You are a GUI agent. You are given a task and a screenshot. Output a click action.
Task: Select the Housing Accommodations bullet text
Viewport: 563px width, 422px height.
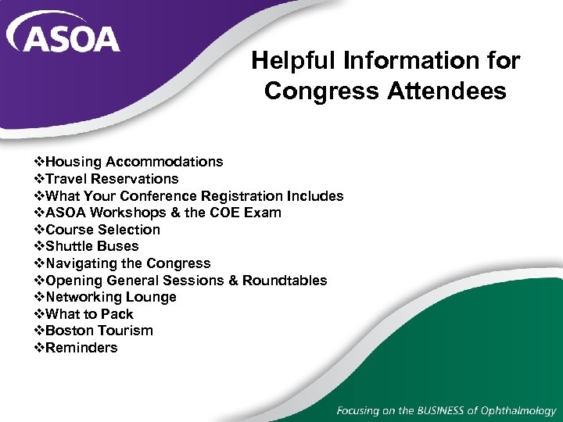tap(134, 162)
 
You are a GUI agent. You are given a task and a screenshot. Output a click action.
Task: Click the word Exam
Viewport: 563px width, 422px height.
tap(263, 213)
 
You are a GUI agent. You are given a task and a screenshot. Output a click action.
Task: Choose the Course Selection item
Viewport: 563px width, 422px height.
tap(102, 230)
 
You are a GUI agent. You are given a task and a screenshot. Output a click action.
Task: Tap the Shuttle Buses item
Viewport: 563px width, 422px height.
tap(92, 246)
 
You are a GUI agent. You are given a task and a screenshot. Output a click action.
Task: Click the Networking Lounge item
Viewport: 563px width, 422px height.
tap(111, 297)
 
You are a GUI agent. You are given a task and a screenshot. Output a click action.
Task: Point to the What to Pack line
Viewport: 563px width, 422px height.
tap(89, 314)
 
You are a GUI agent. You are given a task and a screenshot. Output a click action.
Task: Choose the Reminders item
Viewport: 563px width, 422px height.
tap(81, 348)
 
